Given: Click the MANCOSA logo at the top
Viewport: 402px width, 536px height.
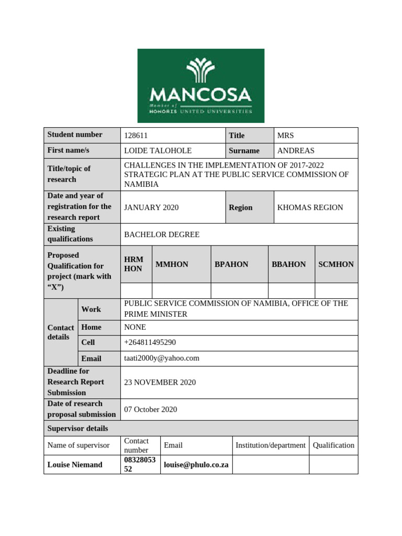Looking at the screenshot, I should (200, 86).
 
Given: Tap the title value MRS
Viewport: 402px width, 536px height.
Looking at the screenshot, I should (286, 136).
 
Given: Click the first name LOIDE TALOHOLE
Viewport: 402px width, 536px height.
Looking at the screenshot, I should (158, 151).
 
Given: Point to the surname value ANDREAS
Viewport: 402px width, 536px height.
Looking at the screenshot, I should (296, 151).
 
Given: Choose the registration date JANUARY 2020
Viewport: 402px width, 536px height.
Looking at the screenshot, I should (151, 207).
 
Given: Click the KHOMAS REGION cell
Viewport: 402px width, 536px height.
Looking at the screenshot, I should (310, 207).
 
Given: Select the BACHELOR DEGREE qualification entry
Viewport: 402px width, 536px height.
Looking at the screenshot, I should (162, 234).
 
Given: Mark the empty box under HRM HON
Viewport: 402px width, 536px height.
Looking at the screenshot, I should (136, 291).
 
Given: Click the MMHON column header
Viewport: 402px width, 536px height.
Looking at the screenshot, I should (172, 264).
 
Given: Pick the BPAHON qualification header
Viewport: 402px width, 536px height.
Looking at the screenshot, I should (231, 264).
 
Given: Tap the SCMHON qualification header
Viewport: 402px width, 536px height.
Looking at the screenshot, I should (336, 264).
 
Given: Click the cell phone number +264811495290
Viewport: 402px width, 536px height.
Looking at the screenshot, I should (150, 342).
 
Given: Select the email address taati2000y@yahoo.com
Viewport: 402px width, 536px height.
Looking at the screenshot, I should (162, 358).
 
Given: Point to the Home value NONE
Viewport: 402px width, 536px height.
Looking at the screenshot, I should (135, 327).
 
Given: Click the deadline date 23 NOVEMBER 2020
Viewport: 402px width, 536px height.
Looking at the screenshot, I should (160, 383).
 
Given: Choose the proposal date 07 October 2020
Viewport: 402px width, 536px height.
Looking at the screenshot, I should (151, 409).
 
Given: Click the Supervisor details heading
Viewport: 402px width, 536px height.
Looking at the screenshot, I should (77, 428).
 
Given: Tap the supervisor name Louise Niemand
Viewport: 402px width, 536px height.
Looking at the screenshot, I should (75, 465).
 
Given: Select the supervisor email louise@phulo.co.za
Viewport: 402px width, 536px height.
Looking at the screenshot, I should (196, 465).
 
